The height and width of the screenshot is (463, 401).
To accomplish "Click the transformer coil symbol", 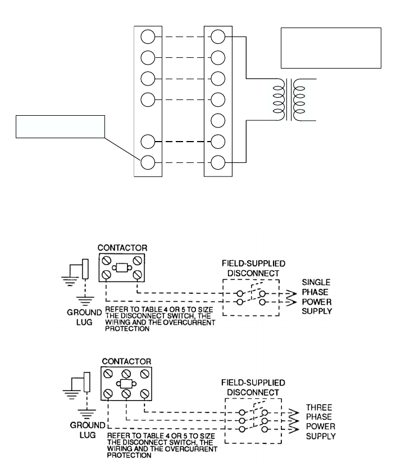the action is tap(289, 100).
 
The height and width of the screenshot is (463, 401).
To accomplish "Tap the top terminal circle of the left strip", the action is tap(148, 37).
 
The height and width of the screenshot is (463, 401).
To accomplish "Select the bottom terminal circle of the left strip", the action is tap(148, 163).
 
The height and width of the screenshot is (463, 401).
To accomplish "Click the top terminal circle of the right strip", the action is tap(218, 37).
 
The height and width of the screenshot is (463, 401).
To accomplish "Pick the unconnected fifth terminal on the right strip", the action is tap(218, 121).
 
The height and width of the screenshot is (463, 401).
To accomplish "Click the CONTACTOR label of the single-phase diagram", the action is tap(122, 248).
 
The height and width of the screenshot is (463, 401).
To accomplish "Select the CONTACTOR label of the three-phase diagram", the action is tap(126, 361).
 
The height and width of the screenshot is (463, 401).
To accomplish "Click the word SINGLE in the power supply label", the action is tap(316, 282).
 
